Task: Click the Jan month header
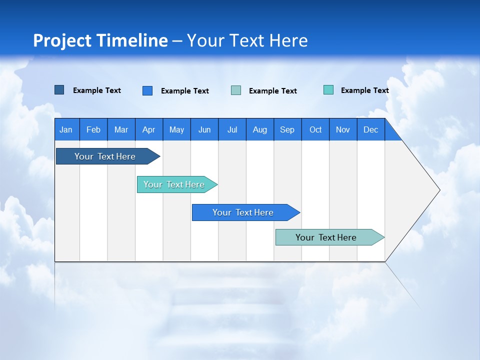coord(66,129)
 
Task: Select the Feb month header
coord(93,129)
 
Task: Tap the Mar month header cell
coord(121,129)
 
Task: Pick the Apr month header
coord(149,129)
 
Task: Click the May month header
coord(176,129)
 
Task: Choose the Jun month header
coord(204,129)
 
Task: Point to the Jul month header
coord(232,129)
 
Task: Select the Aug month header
coord(260,129)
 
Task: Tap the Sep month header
coord(287,129)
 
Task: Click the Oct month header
coord(315,129)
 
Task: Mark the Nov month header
coord(343,129)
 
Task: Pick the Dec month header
coord(371,129)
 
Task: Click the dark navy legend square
coord(59,90)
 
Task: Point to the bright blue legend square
coord(147,90)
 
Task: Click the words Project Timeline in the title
coord(100,40)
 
